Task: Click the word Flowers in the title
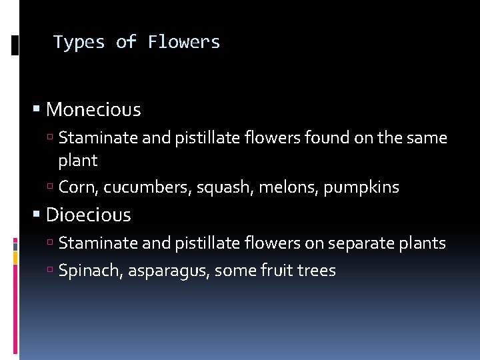[x=184, y=42]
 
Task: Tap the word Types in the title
[x=79, y=42]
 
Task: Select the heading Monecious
[x=93, y=109]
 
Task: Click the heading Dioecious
[x=89, y=215]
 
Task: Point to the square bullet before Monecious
[x=37, y=109]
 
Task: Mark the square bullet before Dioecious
[x=37, y=215]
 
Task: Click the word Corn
[x=77, y=188]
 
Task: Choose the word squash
[x=215, y=188]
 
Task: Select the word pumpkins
[x=361, y=188]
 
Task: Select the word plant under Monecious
[x=78, y=161]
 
